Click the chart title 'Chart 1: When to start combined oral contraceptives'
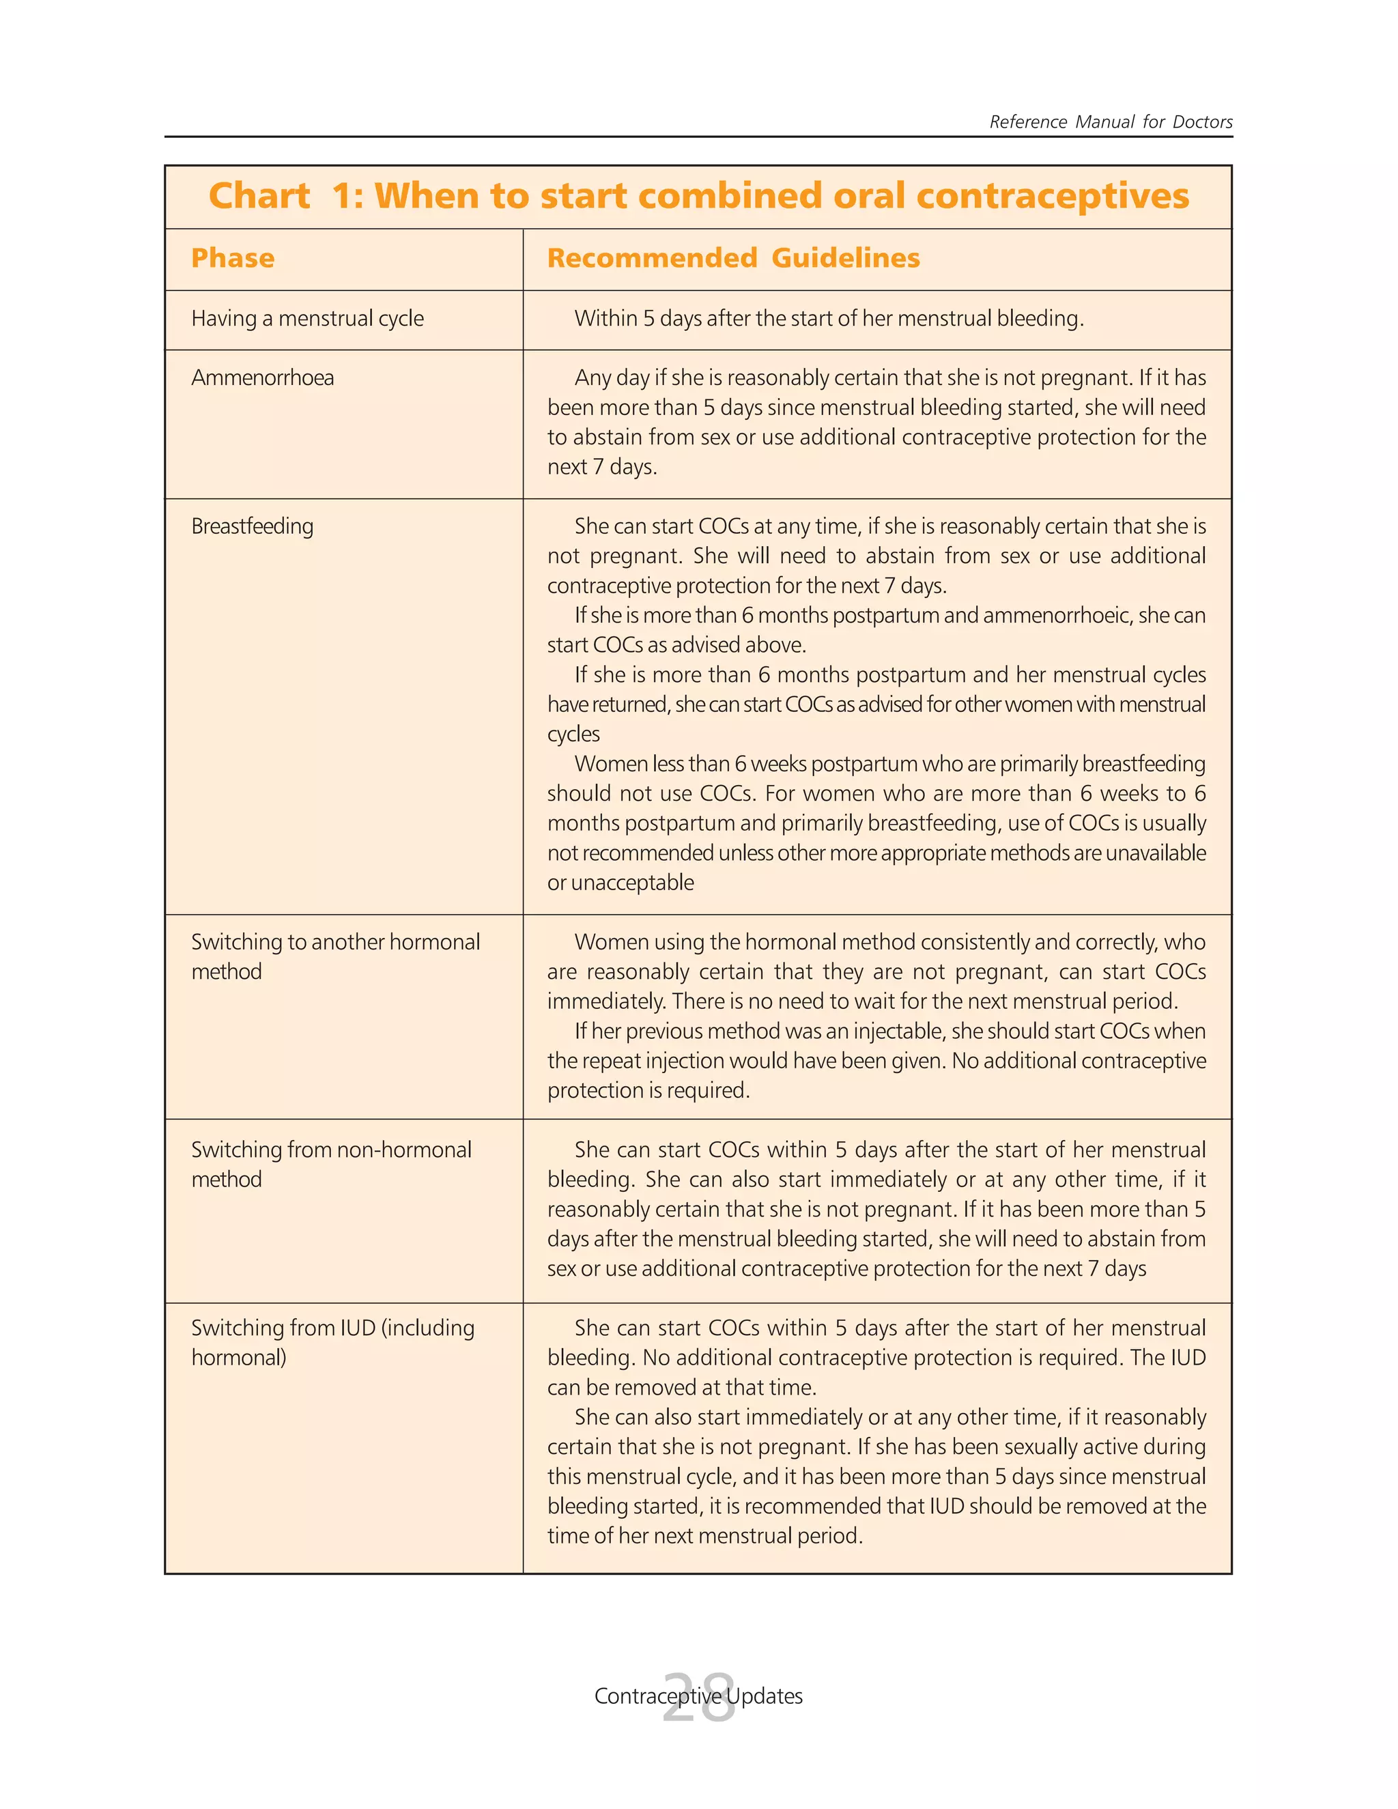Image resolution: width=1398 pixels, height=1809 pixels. click(698, 197)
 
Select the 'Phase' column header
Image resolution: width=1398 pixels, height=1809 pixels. click(232, 259)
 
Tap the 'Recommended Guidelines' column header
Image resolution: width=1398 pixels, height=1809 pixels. click(733, 259)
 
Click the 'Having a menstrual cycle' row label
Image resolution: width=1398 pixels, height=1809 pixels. click(307, 319)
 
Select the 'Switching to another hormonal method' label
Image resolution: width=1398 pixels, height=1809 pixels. click(334, 956)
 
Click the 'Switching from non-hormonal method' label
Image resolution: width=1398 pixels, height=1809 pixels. click(330, 1165)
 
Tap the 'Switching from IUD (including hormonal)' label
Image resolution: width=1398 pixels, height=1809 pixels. click(332, 1343)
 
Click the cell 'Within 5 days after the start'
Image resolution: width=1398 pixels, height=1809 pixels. click(828, 319)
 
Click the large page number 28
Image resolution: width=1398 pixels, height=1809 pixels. click(698, 1698)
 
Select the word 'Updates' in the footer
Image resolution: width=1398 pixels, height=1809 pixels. click(765, 1696)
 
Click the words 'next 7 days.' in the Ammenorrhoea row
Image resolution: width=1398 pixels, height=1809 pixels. click(602, 467)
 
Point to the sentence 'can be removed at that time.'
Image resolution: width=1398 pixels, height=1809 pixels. click(682, 1387)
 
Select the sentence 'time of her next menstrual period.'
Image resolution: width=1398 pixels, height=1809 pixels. click(704, 1536)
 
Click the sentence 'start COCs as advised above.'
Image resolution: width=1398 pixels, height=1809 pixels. click(676, 645)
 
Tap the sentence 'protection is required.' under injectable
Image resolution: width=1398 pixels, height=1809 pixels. click(648, 1091)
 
